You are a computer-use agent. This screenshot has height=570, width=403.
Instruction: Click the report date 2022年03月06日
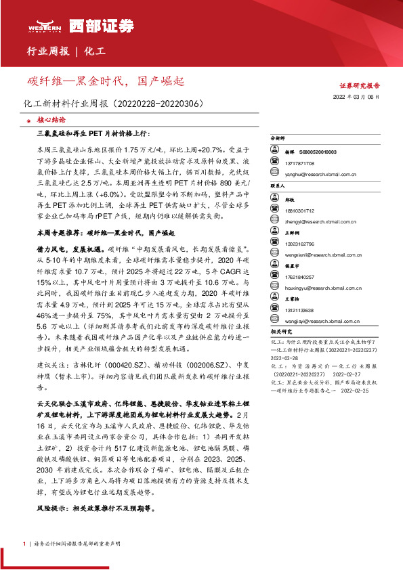[360, 98]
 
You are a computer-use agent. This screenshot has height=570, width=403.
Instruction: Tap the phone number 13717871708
[300, 164]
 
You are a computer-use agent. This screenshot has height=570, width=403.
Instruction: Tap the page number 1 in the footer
[25, 544]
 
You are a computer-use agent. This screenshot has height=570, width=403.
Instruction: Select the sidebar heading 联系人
[278, 185]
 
